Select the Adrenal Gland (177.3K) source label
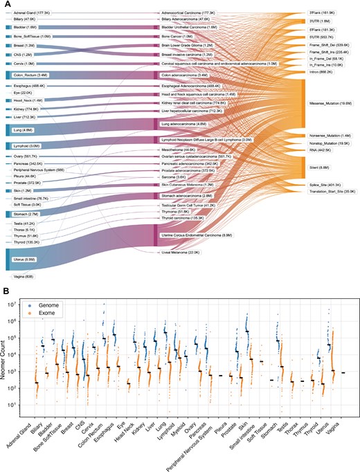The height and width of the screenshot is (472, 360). (x=27, y=12)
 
